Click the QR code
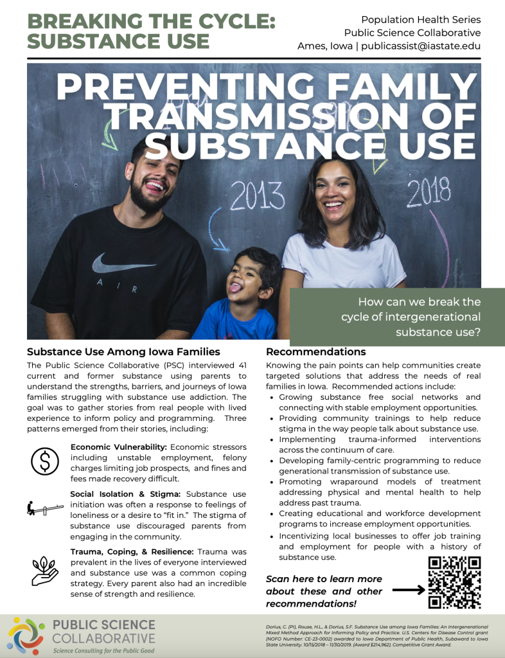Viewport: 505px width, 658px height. pos(454,582)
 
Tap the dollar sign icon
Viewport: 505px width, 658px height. pos(45,460)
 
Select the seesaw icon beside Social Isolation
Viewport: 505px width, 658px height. pos(45,509)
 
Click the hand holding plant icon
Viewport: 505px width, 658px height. pos(45,567)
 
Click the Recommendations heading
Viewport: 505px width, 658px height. pos(315,352)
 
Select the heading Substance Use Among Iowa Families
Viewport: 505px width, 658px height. pos(123,352)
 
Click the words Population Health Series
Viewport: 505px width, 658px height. pos(420,19)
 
